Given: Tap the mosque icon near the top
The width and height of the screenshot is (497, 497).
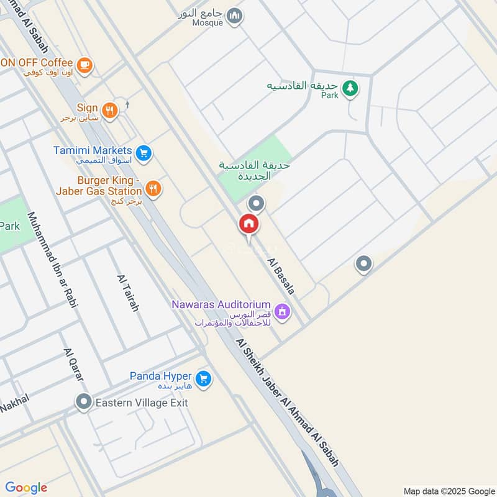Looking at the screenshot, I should point(234,16).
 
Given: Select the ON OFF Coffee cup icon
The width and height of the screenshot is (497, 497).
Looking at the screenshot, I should point(84,63).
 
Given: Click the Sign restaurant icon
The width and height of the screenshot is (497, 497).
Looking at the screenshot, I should point(110,110).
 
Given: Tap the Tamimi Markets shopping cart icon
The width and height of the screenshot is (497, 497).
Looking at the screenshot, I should point(144,152).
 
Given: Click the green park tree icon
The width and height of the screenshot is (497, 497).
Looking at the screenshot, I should point(350,88).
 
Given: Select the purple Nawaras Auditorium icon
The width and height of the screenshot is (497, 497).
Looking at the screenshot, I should point(282,311).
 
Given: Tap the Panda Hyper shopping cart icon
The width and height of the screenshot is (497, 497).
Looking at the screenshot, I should point(203,378).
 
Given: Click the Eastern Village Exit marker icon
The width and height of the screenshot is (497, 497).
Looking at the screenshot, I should point(83,403).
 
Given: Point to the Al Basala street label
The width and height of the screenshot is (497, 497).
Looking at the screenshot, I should point(281,276).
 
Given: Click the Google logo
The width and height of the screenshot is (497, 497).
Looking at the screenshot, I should point(26,488).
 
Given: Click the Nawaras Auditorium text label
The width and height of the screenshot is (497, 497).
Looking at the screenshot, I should point(222,305).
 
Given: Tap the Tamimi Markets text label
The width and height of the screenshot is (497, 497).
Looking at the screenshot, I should point(93,150).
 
